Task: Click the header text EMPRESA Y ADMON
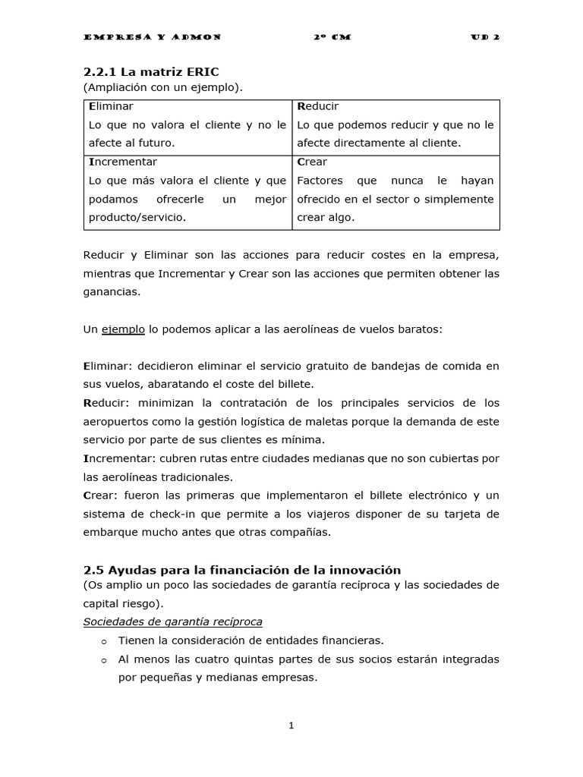pyautogui.click(x=151, y=36)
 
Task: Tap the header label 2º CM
pyautogui.click(x=332, y=36)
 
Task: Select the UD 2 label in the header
pyautogui.click(x=484, y=36)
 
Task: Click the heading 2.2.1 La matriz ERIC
pyautogui.click(x=151, y=73)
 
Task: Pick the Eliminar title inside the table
pyautogui.click(x=111, y=106)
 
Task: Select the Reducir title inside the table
pyautogui.click(x=317, y=106)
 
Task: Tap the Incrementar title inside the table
pyautogui.click(x=123, y=162)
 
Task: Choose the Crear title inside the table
pyautogui.click(x=312, y=162)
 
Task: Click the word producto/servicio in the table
pyautogui.click(x=137, y=217)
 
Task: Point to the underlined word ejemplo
pyautogui.click(x=123, y=330)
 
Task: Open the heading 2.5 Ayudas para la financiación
pyautogui.click(x=242, y=569)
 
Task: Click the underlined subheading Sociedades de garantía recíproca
pyautogui.click(x=172, y=621)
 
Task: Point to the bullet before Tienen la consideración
pyautogui.click(x=105, y=641)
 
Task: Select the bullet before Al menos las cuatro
pyautogui.click(x=105, y=660)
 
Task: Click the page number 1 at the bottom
pyautogui.click(x=291, y=726)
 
